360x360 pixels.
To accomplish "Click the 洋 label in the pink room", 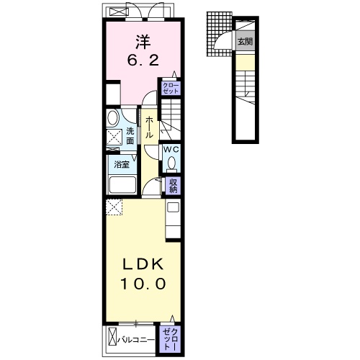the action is coord(143,42).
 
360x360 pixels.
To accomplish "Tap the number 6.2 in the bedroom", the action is coord(143,60).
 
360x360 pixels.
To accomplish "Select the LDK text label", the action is coord(143,264).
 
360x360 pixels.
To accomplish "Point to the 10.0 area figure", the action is coord(143,284).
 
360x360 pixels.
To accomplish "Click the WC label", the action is coord(171,149).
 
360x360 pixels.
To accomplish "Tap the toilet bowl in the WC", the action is coord(171,163).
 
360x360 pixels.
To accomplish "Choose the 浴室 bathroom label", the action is coord(122,165).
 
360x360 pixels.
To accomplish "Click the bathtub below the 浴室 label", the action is coord(122,185).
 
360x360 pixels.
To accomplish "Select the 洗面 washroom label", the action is coord(130,136).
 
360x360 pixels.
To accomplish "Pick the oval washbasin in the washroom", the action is coord(113,118).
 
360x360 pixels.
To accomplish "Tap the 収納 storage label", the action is coord(173,186).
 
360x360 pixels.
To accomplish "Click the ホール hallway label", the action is coord(149,127).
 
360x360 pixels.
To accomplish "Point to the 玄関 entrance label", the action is coord(245,42).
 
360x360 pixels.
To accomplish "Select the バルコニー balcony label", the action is coord(136,340).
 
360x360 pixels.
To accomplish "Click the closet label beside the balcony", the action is coord(170,339).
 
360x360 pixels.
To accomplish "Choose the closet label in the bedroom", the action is coord(171,88).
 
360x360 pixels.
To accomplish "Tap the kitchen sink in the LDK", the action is coord(173,207).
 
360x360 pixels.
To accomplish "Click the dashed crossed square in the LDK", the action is coord(114,207).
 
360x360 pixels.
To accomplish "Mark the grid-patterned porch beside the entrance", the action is coord(220,34).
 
